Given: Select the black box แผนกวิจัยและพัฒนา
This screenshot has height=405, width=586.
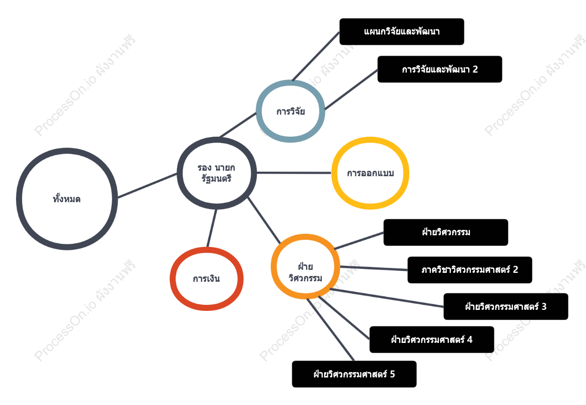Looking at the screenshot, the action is tap(402, 32).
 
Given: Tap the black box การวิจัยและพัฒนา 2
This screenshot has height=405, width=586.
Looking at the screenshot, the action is tap(440, 69).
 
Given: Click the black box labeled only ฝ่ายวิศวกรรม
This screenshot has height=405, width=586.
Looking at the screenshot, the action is tap(446, 232).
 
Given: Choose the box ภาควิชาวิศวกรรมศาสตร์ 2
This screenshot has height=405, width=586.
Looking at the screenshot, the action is tap(470, 270).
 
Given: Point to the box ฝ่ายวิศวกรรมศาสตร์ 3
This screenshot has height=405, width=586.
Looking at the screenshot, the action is tap(505, 307).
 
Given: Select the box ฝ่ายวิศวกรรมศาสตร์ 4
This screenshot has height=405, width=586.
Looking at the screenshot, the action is tap(432, 339).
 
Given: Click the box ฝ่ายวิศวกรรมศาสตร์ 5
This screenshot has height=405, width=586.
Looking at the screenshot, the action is tap(354, 374).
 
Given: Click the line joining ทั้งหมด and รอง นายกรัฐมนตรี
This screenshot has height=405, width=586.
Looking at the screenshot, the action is tap(147, 185).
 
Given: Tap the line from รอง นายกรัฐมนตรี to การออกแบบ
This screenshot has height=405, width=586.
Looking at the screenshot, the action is tap(294, 173).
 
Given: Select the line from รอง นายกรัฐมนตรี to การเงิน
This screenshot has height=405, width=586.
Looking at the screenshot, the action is tap(212, 228).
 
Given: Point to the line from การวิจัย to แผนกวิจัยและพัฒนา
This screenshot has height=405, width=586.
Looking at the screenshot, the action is tap(316, 56).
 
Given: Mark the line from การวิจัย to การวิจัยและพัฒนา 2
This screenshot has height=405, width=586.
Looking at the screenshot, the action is tap(351, 90).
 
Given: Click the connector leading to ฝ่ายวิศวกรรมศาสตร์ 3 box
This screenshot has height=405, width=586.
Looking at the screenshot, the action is tap(387, 298).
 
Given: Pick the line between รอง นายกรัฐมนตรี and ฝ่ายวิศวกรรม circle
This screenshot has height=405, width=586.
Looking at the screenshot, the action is tap(264, 220).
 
